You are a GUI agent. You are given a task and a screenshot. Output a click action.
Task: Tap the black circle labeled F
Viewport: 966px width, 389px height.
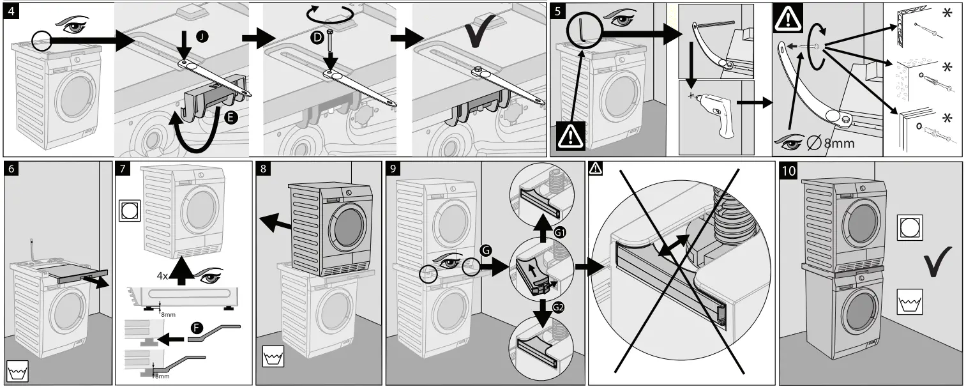point(198,328)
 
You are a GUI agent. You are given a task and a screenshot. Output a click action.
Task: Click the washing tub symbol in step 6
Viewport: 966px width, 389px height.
point(17,370)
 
